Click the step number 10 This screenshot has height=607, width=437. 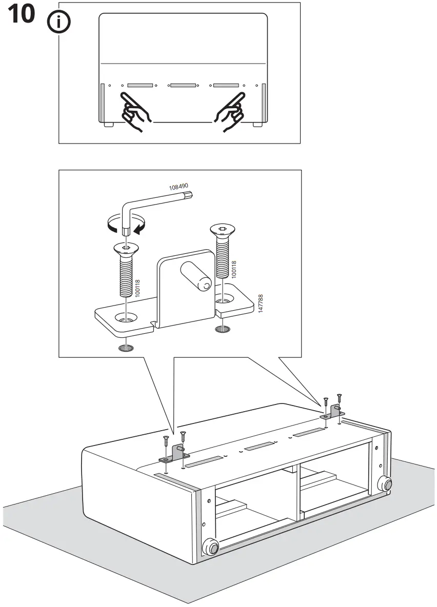click(21, 15)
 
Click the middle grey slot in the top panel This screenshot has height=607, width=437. click(183, 85)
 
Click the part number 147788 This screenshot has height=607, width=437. click(261, 305)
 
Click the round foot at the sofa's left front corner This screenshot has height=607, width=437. click(210, 547)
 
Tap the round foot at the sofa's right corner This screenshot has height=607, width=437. click(384, 483)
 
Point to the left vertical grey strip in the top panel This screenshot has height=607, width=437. click(103, 102)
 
